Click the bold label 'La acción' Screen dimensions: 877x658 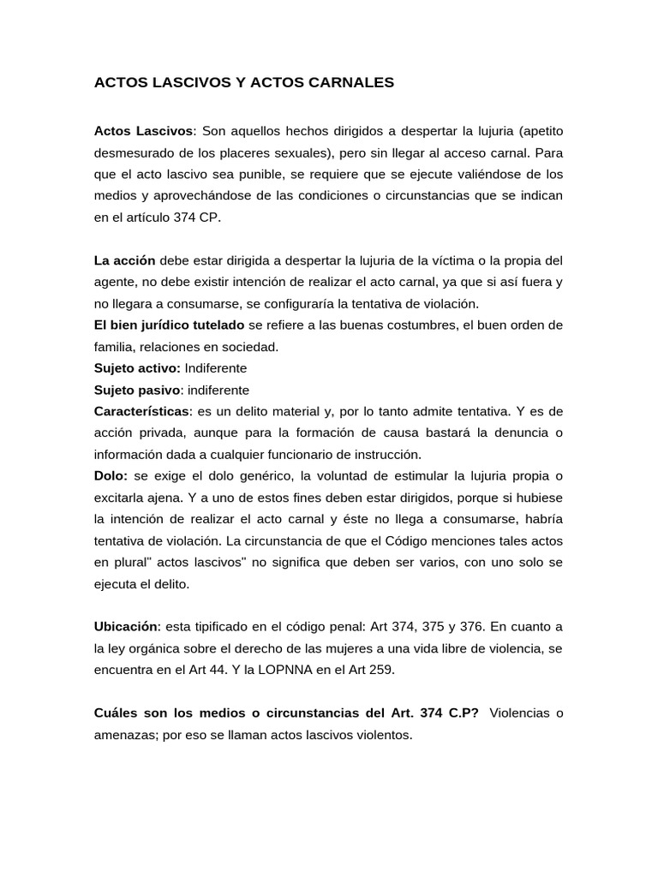[124, 260]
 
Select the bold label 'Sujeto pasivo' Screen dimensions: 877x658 [133, 390]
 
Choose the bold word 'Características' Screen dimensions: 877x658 [140, 412]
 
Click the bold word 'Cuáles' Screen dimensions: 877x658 [117, 713]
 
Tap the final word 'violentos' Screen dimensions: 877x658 [384, 735]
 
